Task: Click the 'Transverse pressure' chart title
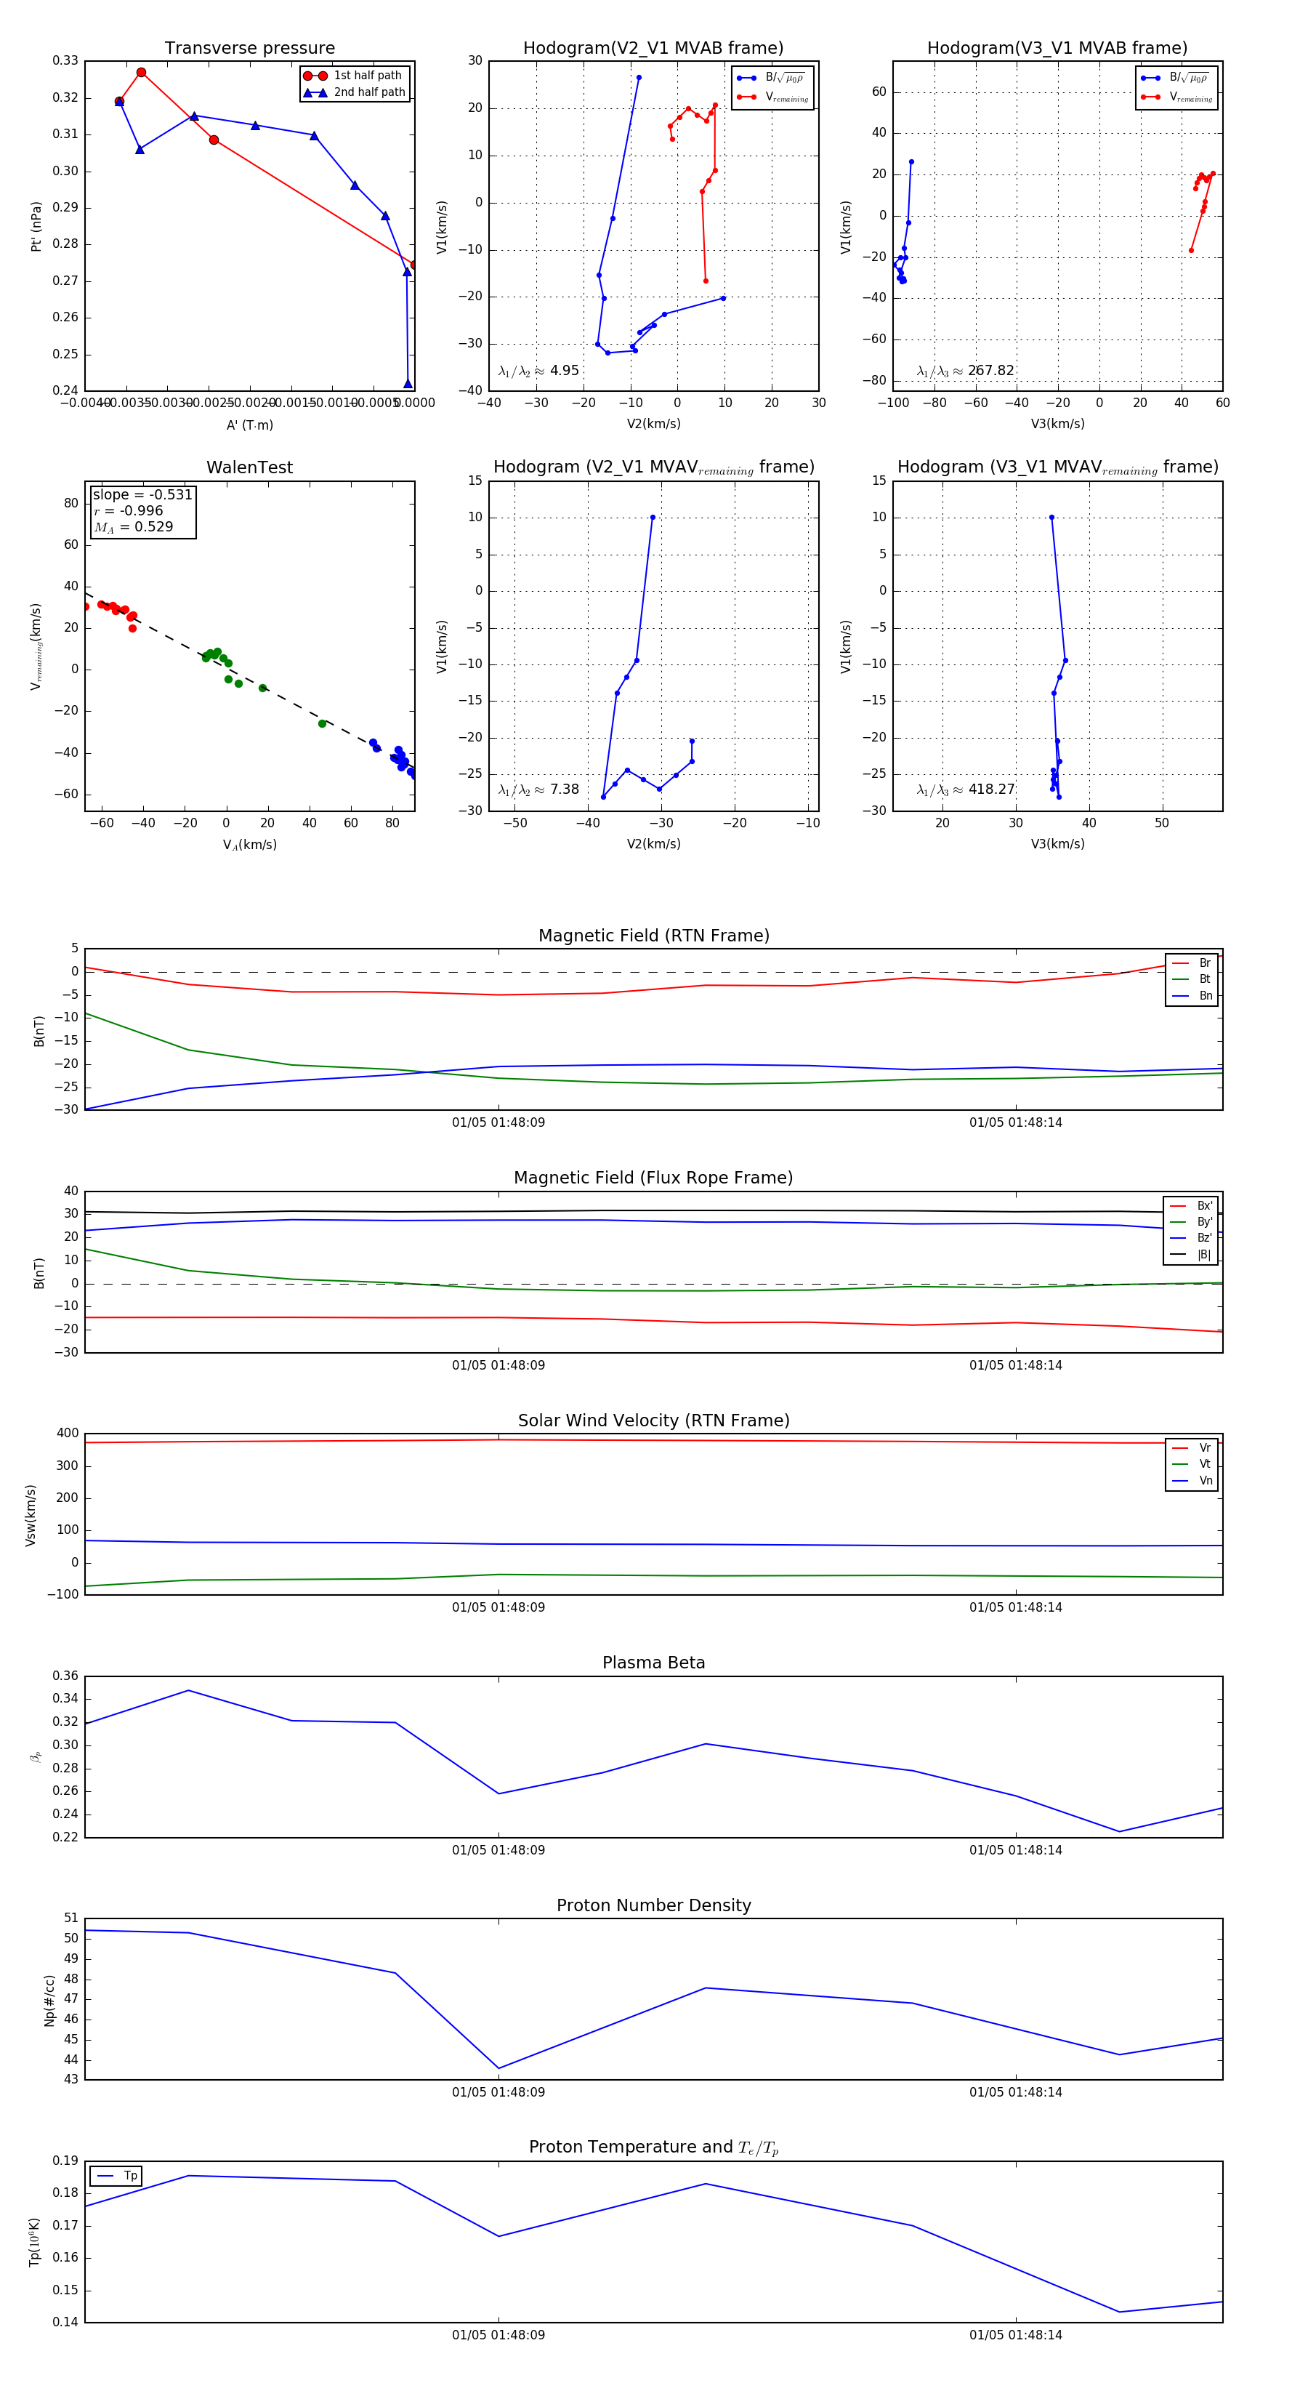(249, 49)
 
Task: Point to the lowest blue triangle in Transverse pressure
(408, 384)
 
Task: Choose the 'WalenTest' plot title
(249, 467)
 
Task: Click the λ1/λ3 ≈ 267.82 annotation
(966, 371)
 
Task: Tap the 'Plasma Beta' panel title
(653, 1663)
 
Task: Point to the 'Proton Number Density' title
(653, 1905)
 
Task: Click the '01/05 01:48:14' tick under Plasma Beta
(1016, 1849)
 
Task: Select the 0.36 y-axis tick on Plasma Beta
(65, 1676)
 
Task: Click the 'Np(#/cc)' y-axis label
(49, 2001)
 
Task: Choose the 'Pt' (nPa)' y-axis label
(36, 226)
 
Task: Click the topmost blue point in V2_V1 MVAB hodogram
(639, 77)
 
